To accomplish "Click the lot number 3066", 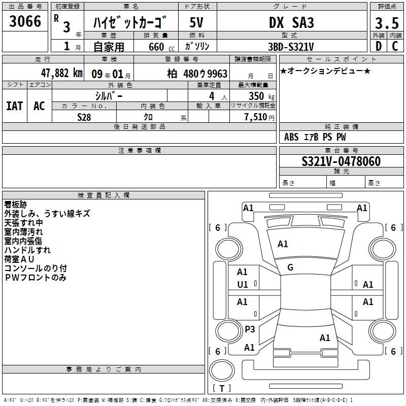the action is pos(25,21).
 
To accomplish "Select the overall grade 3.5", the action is pos(387,23).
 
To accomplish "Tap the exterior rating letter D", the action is pos(379,46).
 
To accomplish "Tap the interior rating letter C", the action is pos(395,46).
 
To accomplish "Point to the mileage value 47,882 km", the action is pos(61,73).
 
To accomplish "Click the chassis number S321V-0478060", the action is pos(341,161).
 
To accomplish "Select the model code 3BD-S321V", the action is pos(291,47).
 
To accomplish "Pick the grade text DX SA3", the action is pos(291,22).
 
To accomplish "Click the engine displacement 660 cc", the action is pos(161,47).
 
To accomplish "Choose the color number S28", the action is pos(84,117).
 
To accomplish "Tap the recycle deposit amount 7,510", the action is pos(256,117).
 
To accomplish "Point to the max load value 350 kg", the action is pos(261,96).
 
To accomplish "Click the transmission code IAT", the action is pos(15,106).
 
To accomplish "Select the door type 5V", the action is pos(196,22).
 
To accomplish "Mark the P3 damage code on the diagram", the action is pos(250,329).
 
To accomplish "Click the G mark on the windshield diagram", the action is pos(290,267).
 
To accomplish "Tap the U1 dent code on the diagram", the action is pos(243,285).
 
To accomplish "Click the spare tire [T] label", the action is pos(222,388).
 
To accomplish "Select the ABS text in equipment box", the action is pos(291,137).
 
